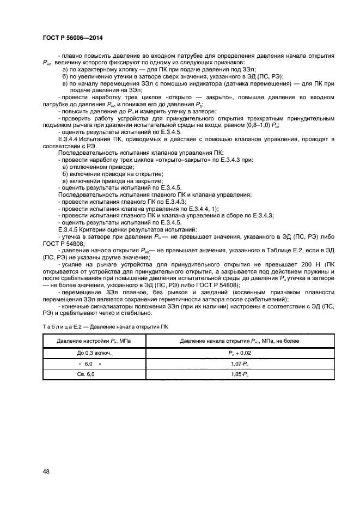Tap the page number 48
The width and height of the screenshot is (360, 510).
tap(46, 471)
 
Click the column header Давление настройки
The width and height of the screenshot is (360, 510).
tap(94, 341)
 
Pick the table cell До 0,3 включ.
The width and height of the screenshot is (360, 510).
tap(94, 353)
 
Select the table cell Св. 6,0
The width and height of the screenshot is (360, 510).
tap(94, 374)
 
